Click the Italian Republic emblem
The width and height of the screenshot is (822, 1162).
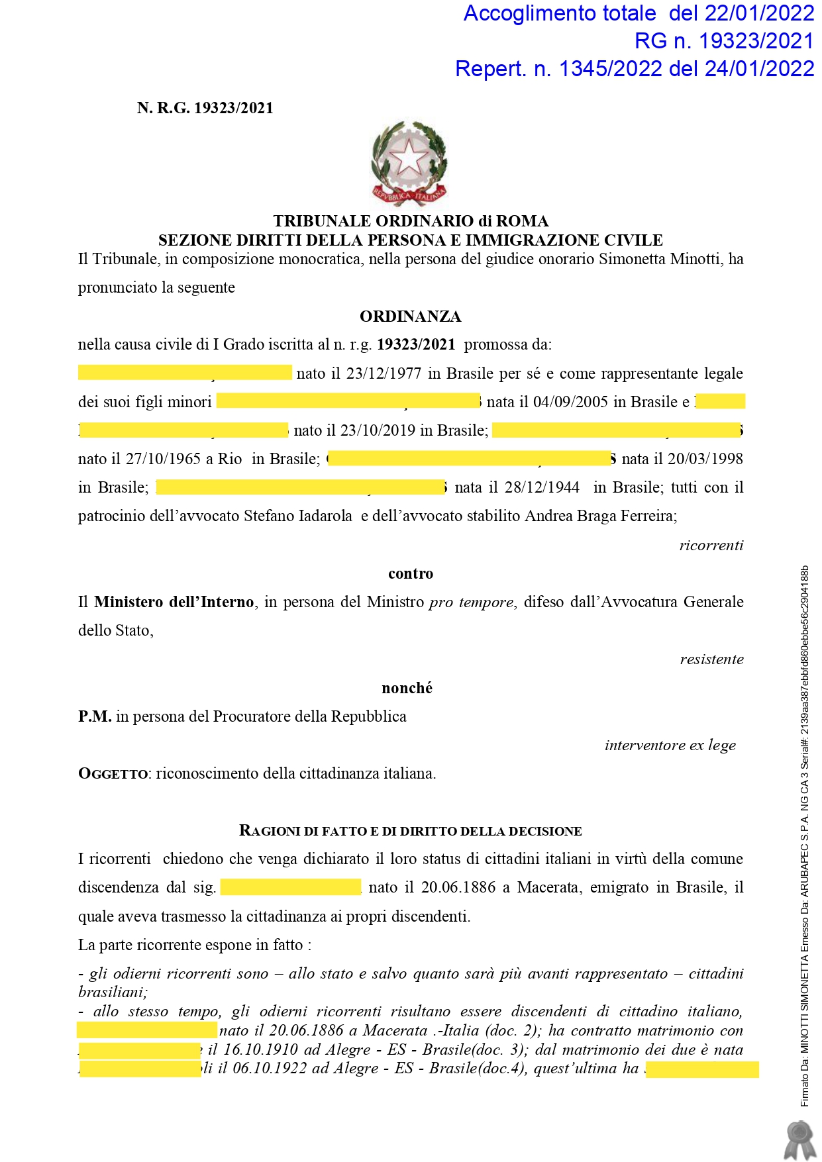[x=409, y=164]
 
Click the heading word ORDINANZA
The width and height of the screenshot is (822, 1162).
[x=410, y=316]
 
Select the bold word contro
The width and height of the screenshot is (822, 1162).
[x=411, y=573]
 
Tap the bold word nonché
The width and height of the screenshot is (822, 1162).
[x=407, y=688]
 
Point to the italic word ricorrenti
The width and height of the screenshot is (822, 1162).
[x=711, y=545]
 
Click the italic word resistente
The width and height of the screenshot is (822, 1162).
[x=711, y=659]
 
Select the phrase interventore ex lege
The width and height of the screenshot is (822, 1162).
[x=670, y=745]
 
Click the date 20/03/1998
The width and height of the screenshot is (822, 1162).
[x=705, y=459]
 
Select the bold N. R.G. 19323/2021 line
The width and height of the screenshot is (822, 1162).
[x=205, y=108]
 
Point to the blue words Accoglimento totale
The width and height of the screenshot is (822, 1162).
[x=559, y=13]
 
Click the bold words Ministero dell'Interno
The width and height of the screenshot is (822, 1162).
[x=174, y=602]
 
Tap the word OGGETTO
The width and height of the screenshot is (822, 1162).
[x=113, y=773]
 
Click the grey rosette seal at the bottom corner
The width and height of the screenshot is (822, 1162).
[x=799, y=1139]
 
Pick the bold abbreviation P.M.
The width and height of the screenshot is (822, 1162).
[x=95, y=716]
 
